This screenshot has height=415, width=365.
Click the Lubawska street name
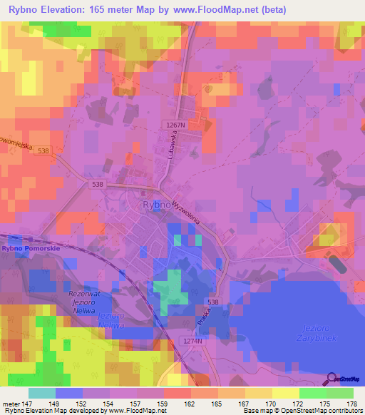coord(171,142)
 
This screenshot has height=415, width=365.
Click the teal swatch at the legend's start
coord(41,393)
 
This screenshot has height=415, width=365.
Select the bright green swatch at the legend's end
coord(340,393)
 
